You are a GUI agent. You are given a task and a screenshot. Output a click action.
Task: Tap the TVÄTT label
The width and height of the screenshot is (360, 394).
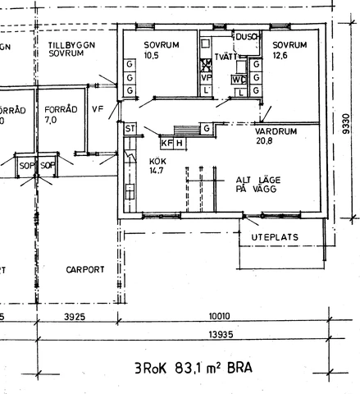click(226, 56)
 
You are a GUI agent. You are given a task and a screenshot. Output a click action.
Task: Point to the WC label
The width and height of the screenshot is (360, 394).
click(238, 80)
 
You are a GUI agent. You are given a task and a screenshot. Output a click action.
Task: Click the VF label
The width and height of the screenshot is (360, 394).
click(98, 108)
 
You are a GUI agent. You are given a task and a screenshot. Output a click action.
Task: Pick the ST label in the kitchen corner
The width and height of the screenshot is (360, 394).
click(130, 129)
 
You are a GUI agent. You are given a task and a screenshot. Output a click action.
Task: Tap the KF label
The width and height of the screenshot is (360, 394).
click(168, 144)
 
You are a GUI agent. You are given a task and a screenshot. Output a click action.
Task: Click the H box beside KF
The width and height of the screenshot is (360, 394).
click(180, 144)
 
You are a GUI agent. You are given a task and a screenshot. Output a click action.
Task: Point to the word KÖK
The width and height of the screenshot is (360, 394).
click(158, 161)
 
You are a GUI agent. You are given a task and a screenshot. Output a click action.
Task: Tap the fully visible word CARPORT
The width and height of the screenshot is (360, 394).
click(85, 268)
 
